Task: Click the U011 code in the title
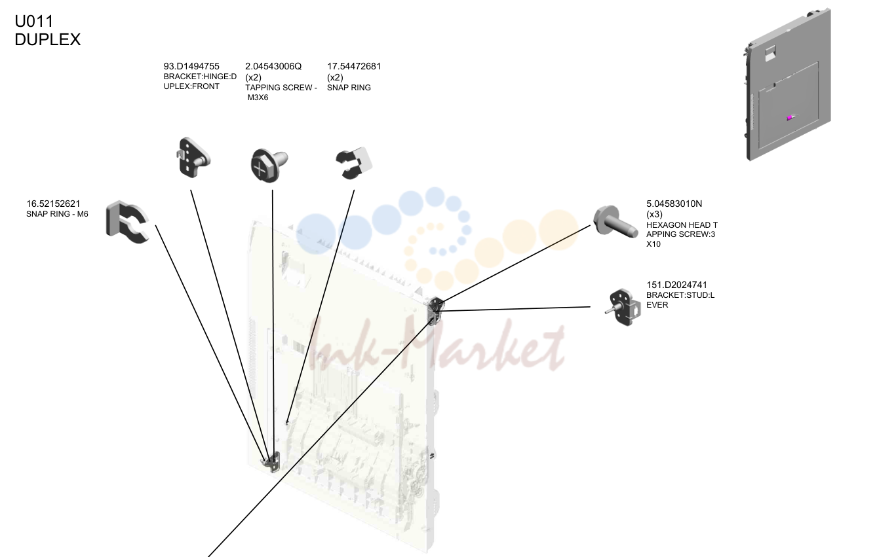33,21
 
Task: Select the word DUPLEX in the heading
47,39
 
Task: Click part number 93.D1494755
191,66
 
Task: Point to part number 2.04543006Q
273,67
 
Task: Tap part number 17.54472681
354,67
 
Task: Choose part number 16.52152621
53,204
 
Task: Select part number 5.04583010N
674,204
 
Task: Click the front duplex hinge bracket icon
193,158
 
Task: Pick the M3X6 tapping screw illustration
269,165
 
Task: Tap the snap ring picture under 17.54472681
353,164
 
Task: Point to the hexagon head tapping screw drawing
615,222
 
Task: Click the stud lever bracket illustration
623,307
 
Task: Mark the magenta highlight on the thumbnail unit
790,118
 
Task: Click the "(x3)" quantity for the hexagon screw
654,214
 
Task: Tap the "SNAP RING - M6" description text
57,214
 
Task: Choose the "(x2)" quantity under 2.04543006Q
253,77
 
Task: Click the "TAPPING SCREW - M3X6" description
281,92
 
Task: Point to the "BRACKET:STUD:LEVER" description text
680,300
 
